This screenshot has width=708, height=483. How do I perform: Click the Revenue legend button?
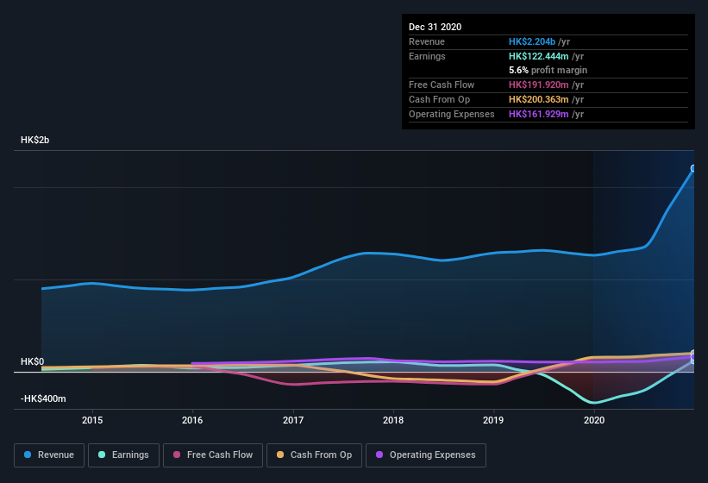coord(49,455)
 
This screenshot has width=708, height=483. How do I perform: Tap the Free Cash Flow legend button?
coord(213,455)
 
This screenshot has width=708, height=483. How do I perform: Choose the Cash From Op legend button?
coord(313,455)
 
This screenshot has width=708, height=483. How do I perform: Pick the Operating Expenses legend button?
coord(425,455)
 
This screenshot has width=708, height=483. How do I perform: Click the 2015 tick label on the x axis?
coord(92,420)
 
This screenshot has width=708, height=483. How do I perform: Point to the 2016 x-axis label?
coord(192,420)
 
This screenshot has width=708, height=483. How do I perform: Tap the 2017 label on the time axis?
coord(293,420)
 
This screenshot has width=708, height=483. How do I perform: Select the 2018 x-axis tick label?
coord(393,420)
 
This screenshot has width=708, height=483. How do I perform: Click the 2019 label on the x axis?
coord(493,420)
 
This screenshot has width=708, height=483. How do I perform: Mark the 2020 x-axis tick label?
coord(594,420)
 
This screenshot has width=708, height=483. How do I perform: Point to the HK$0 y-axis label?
coord(32,361)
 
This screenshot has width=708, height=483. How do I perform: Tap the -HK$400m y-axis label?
coord(43,398)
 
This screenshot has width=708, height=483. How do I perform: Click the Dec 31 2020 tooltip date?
coord(435,27)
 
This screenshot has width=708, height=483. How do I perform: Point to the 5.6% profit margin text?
coord(548,70)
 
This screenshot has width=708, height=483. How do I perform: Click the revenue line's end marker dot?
coord(693,168)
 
